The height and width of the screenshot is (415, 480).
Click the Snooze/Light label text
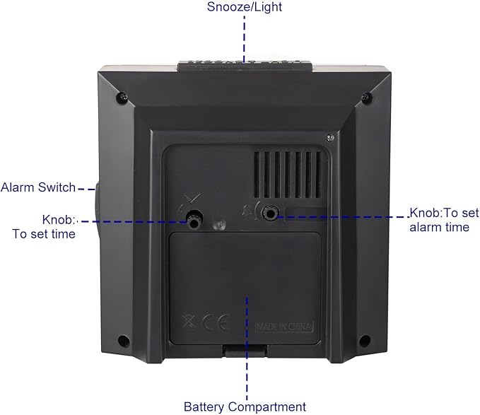coord(245,7)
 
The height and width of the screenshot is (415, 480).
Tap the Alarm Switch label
coord(38,187)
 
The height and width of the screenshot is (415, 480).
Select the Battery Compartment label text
coord(245,407)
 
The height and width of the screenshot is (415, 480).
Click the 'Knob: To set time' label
coord(44,227)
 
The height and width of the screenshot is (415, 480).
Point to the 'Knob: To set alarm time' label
coord(444,220)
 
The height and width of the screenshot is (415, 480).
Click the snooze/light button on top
coord(245,66)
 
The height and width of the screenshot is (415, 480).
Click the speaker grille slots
coord(288,175)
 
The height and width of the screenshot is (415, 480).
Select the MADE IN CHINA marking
coord(284,327)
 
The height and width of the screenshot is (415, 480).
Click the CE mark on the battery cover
coord(216,322)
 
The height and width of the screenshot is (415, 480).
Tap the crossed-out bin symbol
coord(189,321)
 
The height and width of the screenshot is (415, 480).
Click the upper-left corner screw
coord(123,98)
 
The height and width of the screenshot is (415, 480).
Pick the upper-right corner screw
coord(366,98)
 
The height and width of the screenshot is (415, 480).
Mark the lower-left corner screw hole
coord(124,340)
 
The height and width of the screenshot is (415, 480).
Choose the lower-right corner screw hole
coord(364,339)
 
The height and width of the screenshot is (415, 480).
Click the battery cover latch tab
coord(245,350)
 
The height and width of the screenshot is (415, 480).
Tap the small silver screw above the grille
coord(330,138)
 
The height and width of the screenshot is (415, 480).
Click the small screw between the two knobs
coord(219,225)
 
